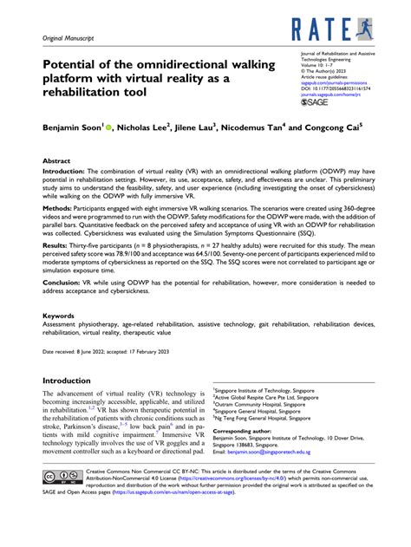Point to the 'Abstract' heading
tap(59, 160)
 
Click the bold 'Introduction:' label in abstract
tap(69, 172)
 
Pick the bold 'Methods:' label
tap(62, 209)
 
